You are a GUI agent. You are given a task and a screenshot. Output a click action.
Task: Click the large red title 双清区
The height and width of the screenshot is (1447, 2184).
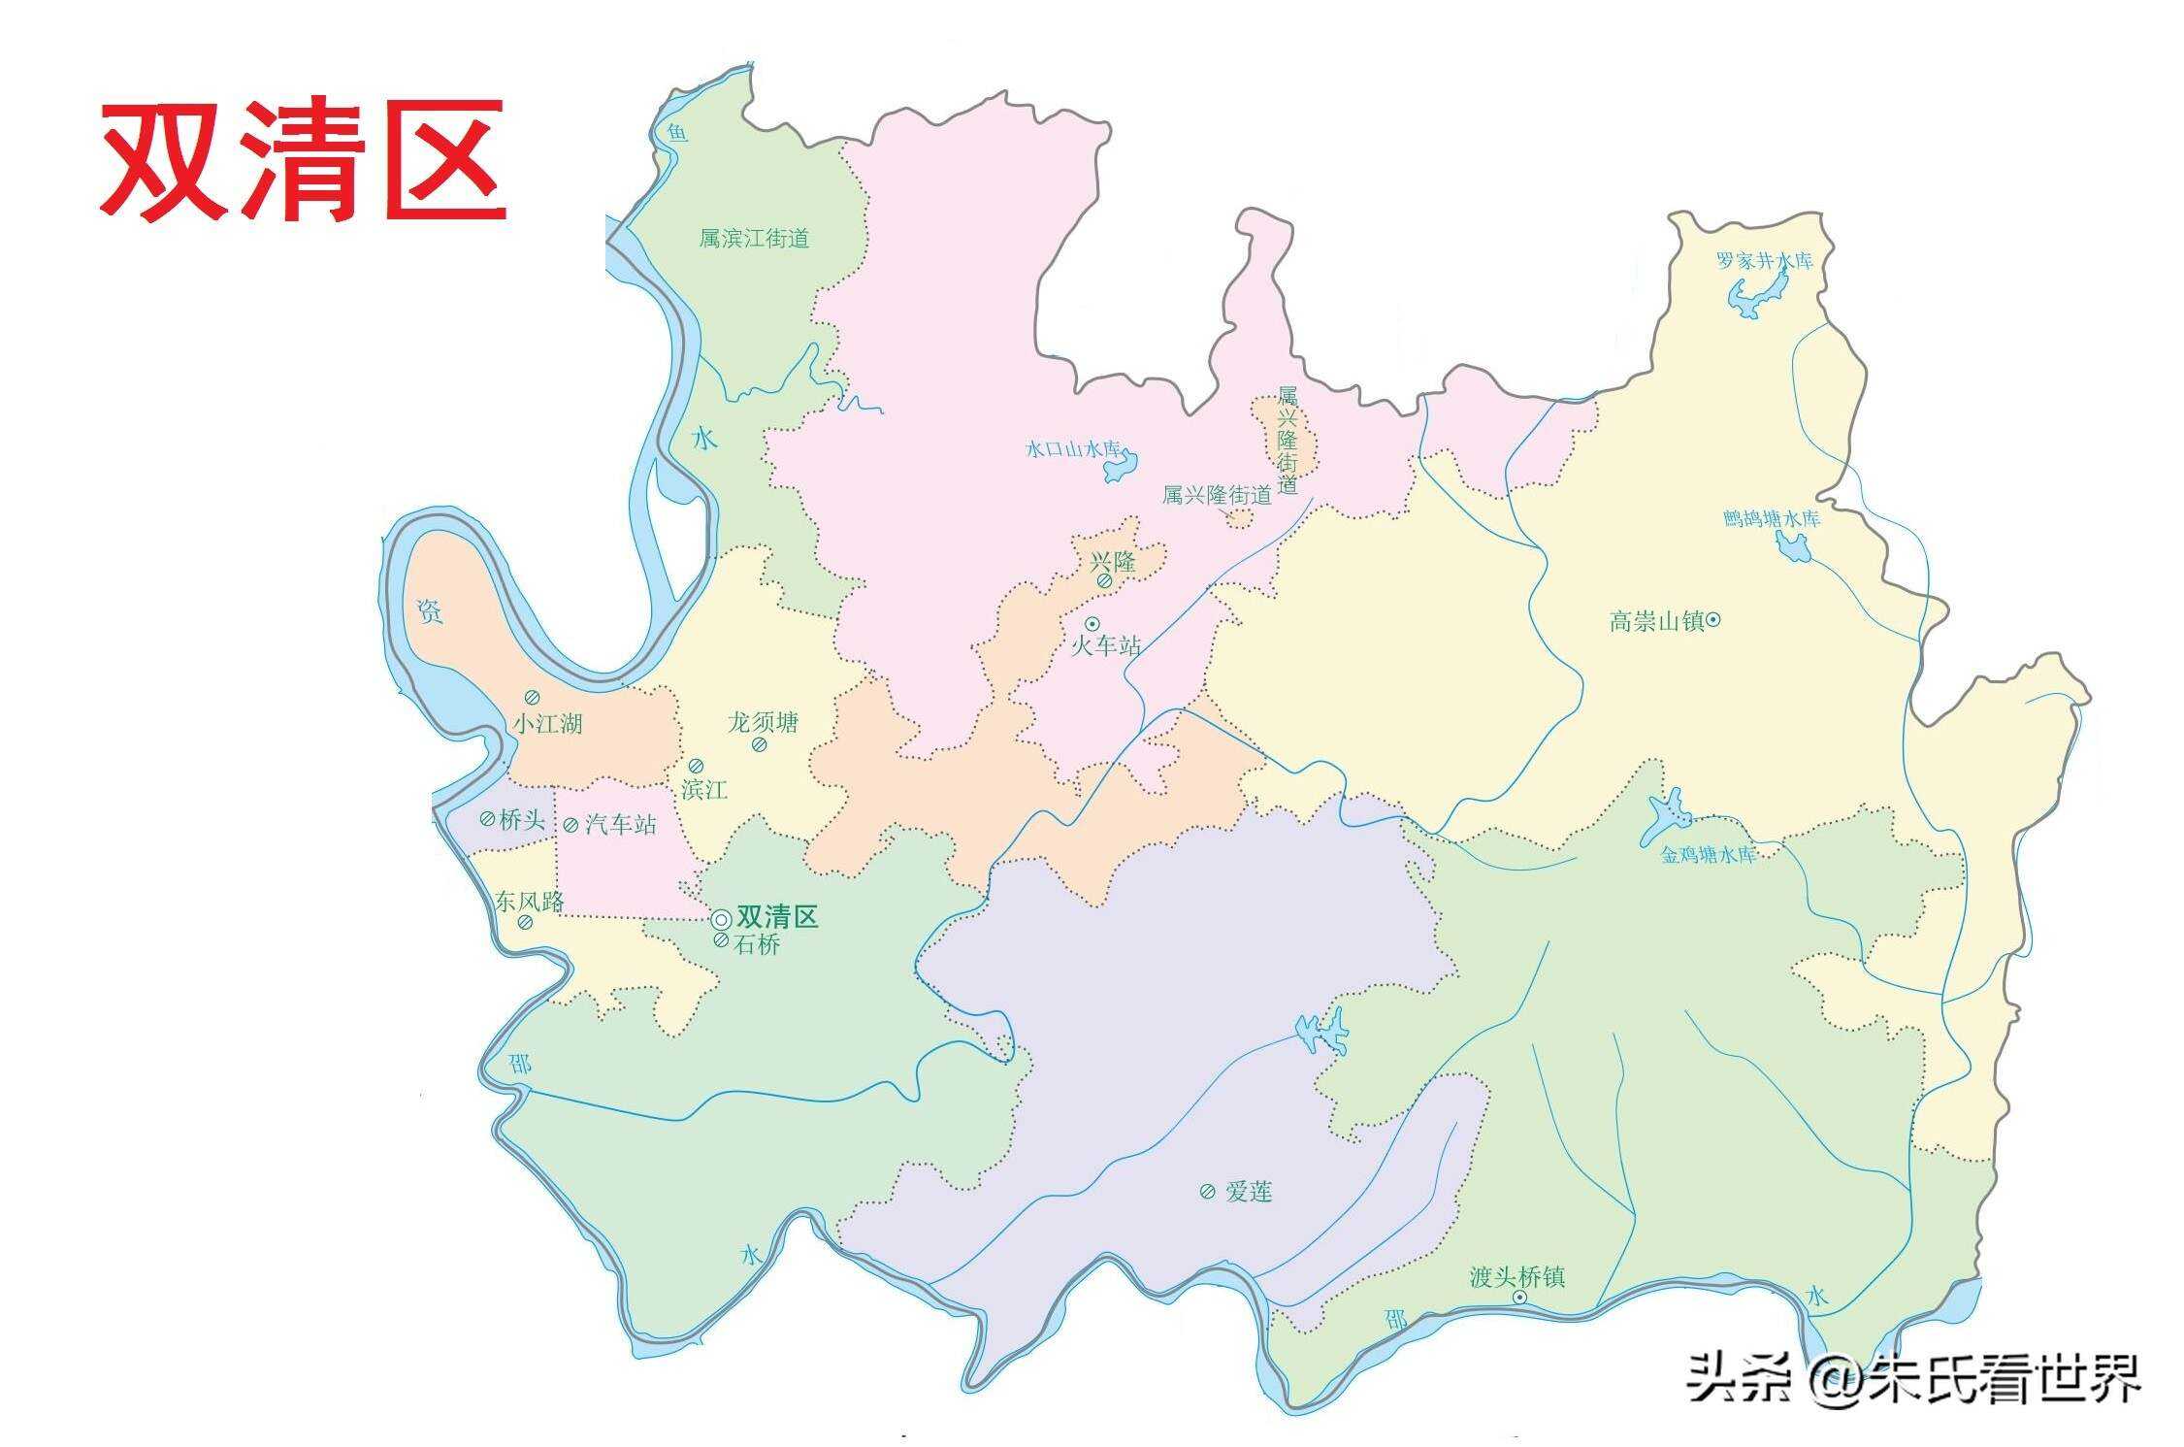pyautogui.click(x=303, y=161)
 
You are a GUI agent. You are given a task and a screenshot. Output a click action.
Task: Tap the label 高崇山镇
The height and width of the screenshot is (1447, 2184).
pyautogui.click(x=1656, y=621)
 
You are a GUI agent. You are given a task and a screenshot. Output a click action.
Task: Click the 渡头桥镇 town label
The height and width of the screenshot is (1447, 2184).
pyautogui.click(x=1517, y=1276)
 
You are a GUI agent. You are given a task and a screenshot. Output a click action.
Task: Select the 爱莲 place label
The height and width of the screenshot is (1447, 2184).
pyautogui.click(x=1248, y=1192)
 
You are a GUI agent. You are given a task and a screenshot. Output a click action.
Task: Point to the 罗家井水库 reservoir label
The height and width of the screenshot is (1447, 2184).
pyautogui.click(x=1764, y=261)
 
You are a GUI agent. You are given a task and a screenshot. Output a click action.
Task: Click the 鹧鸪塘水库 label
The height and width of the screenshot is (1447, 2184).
pyautogui.click(x=1772, y=518)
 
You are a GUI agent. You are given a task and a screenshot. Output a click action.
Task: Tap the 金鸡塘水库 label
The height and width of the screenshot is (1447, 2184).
pyautogui.click(x=1708, y=855)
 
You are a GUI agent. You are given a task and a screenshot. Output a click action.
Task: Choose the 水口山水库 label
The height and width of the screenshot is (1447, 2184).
pyautogui.click(x=1073, y=449)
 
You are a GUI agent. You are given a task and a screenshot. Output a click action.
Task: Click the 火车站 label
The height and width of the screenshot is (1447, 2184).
pyautogui.click(x=1105, y=645)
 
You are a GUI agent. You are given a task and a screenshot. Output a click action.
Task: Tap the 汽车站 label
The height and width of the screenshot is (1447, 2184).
pyautogui.click(x=621, y=825)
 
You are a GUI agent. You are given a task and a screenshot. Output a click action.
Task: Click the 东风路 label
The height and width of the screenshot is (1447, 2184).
pyautogui.click(x=529, y=901)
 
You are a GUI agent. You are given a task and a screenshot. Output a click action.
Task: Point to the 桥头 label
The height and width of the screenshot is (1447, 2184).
pyautogui.click(x=521, y=820)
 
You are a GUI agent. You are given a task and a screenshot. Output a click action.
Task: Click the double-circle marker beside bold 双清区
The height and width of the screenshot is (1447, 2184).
pyautogui.click(x=721, y=919)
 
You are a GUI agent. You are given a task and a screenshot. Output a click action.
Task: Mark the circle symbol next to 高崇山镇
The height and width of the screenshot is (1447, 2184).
pyautogui.click(x=1713, y=619)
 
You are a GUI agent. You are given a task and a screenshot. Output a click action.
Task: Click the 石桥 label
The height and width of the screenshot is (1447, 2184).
pyautogui.click(x=757, y=944)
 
